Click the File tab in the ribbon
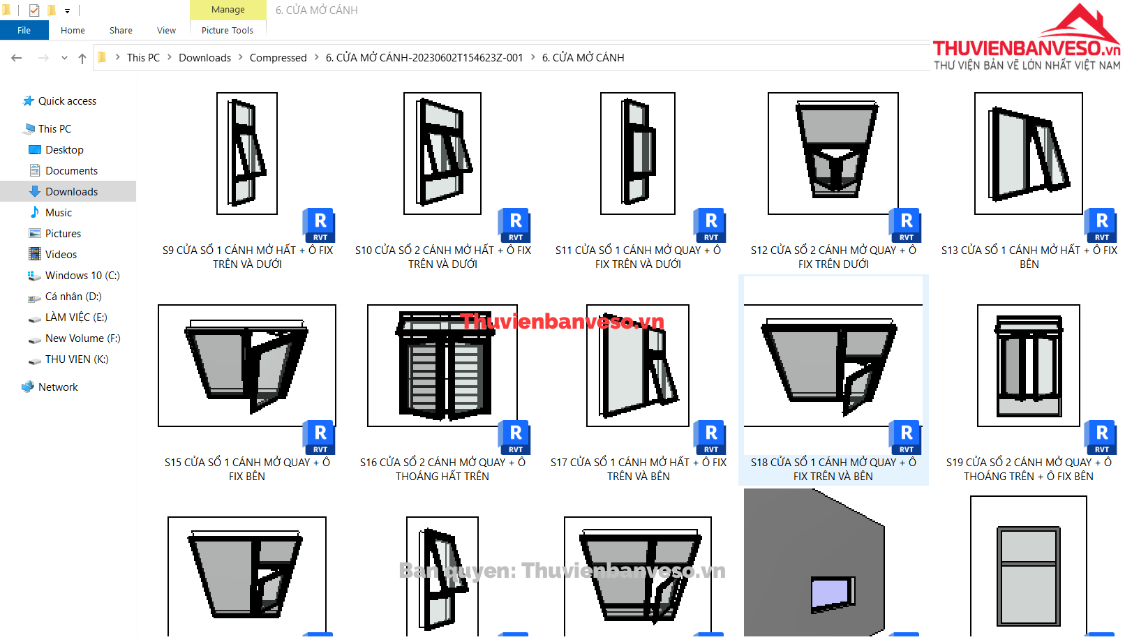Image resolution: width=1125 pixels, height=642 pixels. (x=24, y=30)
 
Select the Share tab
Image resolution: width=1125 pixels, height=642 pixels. (x=121, y=30)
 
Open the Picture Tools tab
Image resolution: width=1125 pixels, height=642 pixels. (x=227, y=30)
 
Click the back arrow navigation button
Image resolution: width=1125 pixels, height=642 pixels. (x=17, y=58)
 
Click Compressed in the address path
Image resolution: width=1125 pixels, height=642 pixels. (x=278, y=58)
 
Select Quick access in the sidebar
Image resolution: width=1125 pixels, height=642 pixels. (x=67, y=101)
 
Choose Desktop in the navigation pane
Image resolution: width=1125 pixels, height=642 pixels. (x=64, y=150)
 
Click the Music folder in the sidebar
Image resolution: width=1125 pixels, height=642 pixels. (x=58, y=213)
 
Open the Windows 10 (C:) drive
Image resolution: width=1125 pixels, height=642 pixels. (x=82, y=275)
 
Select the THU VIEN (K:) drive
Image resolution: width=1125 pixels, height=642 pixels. (x=77, y=359)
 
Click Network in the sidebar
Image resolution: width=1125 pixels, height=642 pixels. (x=58, y=387)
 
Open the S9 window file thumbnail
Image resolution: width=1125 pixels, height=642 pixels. (x=246, y=154)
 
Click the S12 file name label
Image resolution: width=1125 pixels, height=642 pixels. (x=833, y=257)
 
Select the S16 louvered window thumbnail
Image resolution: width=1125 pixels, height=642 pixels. (x=442, y=365)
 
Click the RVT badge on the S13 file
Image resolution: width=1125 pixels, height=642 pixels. (x=1101, y=225)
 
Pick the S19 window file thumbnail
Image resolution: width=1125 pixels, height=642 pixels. (x=1028, y=365)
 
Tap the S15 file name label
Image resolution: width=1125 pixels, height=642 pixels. (x=247, y=469)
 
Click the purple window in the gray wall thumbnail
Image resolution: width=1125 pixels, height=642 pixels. (x=833, y=595)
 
